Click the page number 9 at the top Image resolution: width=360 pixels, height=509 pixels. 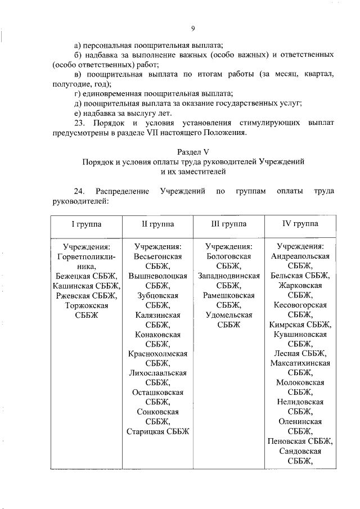[x=193, y=29]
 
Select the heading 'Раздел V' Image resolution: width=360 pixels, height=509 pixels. [x=193, y=151]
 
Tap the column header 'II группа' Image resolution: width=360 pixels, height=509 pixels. [x=157, y=224]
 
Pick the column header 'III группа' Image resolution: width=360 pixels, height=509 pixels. [x=228, y=224]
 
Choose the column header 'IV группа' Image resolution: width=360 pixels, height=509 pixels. [x=300, y=224]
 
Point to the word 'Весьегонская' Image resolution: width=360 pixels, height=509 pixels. [x=157, y=256]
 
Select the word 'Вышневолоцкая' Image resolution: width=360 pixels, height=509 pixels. [x=157, y=276]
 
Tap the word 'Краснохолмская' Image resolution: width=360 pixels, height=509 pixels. [x=157, y=354]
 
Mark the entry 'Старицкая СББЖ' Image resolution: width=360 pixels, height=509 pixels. [x=157, y=431]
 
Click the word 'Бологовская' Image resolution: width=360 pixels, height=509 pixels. [x=228, y=256]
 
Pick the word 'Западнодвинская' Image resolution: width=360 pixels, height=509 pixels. [x=228, y=276]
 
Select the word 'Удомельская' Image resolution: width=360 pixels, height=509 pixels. [x=228, y=315]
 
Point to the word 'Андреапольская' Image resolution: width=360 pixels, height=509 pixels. [x=300, y=256]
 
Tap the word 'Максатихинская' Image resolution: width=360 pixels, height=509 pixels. [x=300, y=363]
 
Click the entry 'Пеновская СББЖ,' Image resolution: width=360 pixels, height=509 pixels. [x=300, y=441]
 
